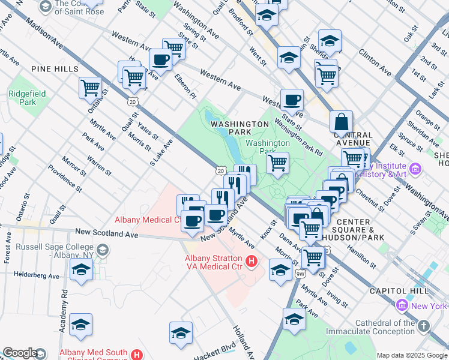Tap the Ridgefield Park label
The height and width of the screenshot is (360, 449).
[x=22, y=98]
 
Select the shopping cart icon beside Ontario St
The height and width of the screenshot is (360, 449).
[x=90, y=88]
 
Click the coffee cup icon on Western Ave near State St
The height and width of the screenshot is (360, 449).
[x=292, y=100]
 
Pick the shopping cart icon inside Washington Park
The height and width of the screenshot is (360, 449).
[x=277, y=162]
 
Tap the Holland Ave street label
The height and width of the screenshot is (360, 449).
[x=244, y=340]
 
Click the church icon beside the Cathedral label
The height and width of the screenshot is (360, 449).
[x=424, y=326]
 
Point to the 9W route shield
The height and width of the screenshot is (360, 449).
[x=300, y=274]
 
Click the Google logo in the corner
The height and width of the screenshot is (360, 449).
[x=20, y=353]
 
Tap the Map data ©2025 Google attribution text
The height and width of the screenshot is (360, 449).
[x=411, y=355]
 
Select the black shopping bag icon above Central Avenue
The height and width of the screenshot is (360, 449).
[x=341, y=122]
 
